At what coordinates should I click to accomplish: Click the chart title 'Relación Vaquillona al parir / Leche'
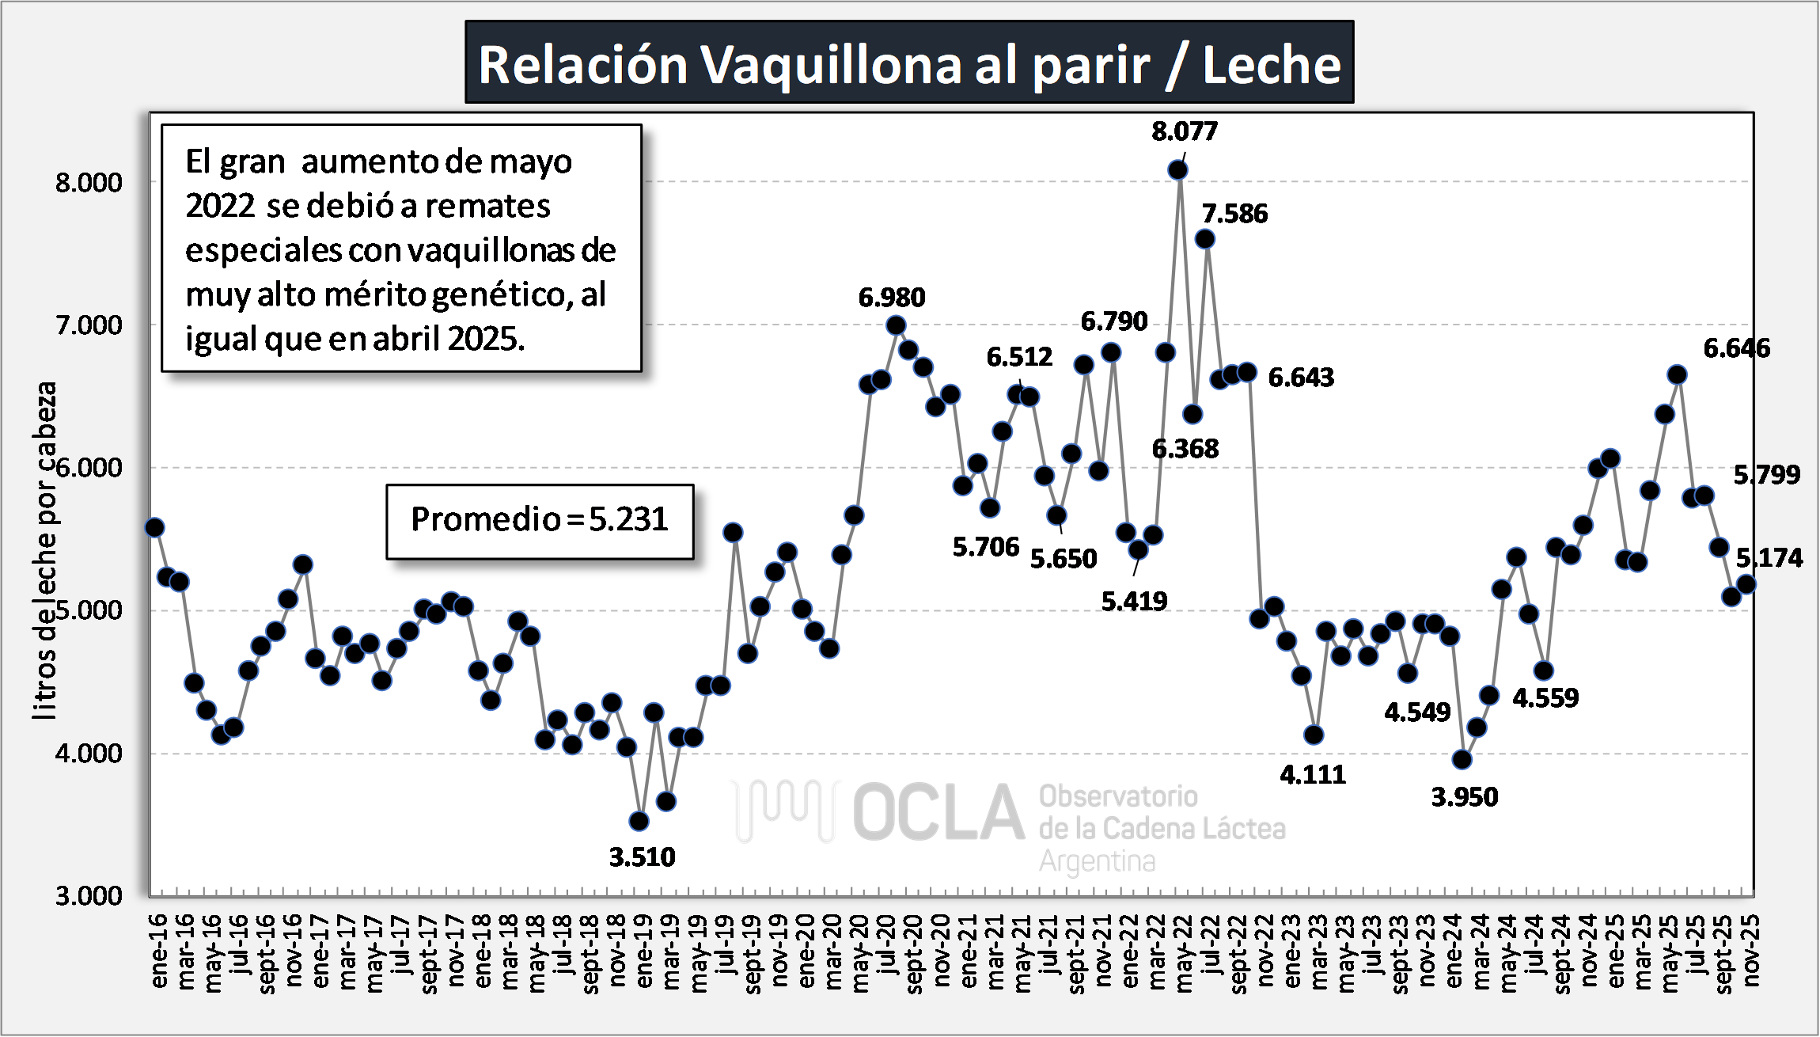point(909,63)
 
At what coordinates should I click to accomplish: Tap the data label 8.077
point(1184,131)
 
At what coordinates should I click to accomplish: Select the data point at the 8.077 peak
point(1177,170)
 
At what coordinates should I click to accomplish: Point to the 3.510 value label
point(642,857)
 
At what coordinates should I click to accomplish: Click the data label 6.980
point(891,298)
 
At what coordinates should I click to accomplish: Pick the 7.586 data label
point(1234,214)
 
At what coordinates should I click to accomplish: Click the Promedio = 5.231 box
point(540,520)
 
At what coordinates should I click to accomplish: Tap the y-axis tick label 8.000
point(89,183)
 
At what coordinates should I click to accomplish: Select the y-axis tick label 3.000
point(89,896)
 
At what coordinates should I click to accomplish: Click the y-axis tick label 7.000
point(89,325)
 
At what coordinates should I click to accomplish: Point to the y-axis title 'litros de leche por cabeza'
point(46,550)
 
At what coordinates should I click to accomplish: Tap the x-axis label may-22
point(1184,954)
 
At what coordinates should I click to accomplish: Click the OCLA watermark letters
point(938,812)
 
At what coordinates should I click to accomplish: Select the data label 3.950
point(1464,797)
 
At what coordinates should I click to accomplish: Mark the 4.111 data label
point(1313,775)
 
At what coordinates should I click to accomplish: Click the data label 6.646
point(1736,348)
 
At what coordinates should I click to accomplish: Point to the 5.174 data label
point(1769,559)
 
